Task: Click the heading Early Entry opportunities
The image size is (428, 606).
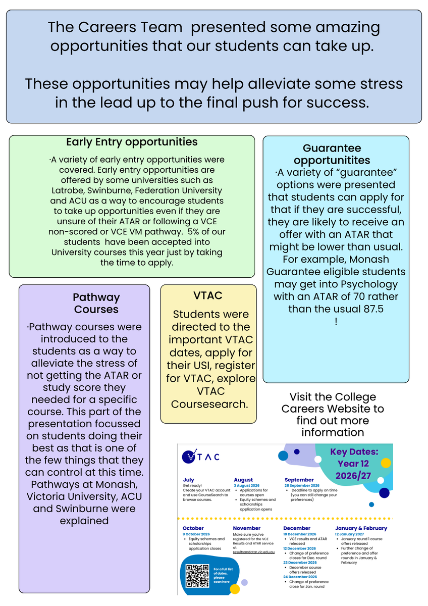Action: [132, 142]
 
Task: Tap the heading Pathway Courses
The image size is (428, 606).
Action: [96, 304]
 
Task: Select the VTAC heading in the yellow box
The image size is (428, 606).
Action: [207, 295]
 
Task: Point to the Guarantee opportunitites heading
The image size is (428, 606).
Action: [332, 154]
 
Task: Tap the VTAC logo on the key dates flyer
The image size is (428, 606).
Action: [200, 457]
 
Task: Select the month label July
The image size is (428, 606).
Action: [188, 480]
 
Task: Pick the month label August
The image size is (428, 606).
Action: [243, 480]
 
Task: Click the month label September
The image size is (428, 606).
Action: [299, 480]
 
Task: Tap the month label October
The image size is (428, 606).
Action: [193, 528]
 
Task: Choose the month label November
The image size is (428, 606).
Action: [247, 528]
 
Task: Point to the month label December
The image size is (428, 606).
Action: [297, 528]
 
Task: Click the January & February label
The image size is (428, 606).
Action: [361, 528]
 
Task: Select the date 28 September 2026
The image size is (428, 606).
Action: [302, 486]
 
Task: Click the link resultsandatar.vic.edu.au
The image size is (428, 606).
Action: [253, 552]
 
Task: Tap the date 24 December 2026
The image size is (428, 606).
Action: [300, 577]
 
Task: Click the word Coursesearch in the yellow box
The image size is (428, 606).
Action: [209, 404]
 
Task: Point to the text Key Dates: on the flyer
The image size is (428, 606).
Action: [354, 452]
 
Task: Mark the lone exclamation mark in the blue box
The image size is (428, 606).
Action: [336, 321]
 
